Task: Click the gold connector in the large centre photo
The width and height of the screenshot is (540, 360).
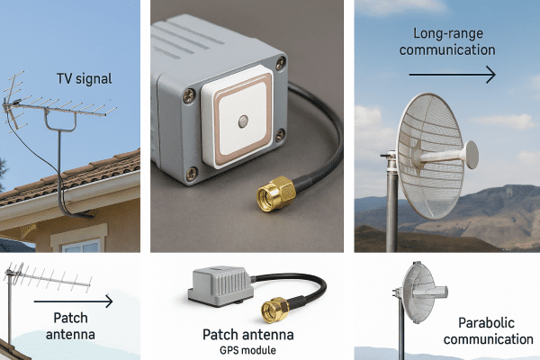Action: pos(274,193)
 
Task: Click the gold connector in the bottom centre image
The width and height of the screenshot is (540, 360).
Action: pos(271,310)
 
